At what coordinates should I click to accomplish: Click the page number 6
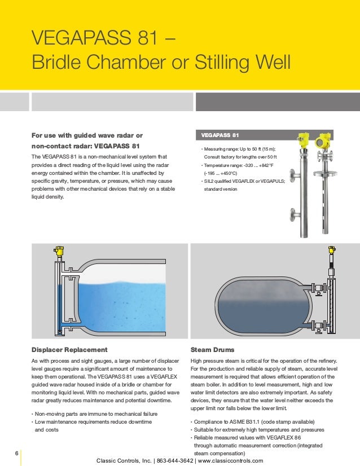[16, 452]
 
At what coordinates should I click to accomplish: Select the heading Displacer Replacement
[70, 350]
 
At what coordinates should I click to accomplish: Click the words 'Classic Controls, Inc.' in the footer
[126, 460]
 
